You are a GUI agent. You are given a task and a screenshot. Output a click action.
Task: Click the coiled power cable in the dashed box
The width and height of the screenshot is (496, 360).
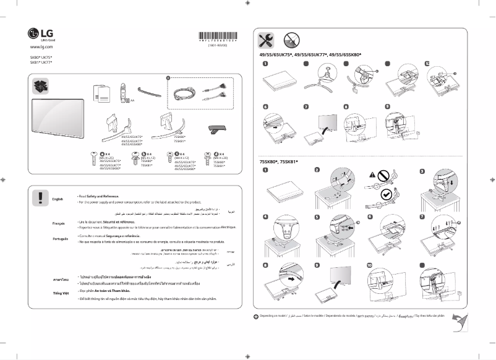[185, 95]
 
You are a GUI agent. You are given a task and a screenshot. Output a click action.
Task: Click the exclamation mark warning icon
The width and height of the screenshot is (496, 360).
[40, 197]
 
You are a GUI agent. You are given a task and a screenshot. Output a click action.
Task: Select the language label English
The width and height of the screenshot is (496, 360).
[58, 199]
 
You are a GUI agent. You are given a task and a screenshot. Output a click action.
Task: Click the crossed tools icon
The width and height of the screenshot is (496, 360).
[268, 40]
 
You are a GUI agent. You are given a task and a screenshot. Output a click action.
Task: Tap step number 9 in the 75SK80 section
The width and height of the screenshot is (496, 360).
[317, 265]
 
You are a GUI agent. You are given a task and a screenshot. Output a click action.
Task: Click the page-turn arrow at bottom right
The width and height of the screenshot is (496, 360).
[460, 320]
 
